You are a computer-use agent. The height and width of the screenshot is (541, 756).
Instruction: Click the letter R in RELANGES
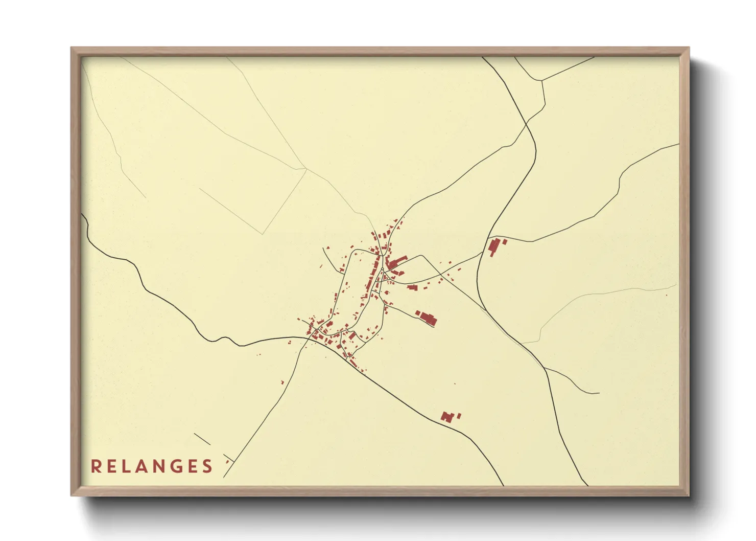point(96,466)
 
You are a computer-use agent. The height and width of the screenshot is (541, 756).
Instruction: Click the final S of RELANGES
point(207,466)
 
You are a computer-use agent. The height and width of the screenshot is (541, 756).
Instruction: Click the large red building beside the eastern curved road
point(494,246)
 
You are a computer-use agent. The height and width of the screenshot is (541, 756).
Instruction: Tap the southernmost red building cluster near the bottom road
point(447,417)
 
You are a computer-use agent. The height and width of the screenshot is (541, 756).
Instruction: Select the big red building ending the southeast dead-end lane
point(428,319)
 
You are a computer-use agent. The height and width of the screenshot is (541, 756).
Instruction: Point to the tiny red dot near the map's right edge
point(667,295)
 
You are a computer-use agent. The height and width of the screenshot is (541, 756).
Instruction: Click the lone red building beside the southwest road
point(282,382)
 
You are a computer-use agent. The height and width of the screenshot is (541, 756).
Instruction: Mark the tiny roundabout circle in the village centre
point(382,269)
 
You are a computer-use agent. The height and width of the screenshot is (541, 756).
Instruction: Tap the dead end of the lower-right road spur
point(598,393)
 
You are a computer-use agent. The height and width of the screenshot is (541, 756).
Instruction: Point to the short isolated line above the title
point(202,439)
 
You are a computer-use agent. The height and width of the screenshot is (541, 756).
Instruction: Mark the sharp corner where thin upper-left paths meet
point(306,168)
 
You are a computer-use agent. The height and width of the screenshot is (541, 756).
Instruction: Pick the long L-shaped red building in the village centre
point(395,262)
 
